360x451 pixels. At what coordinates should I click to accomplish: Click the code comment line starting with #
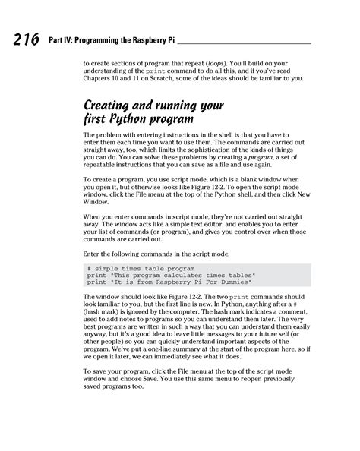141,269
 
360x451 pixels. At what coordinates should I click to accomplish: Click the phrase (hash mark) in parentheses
105,311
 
